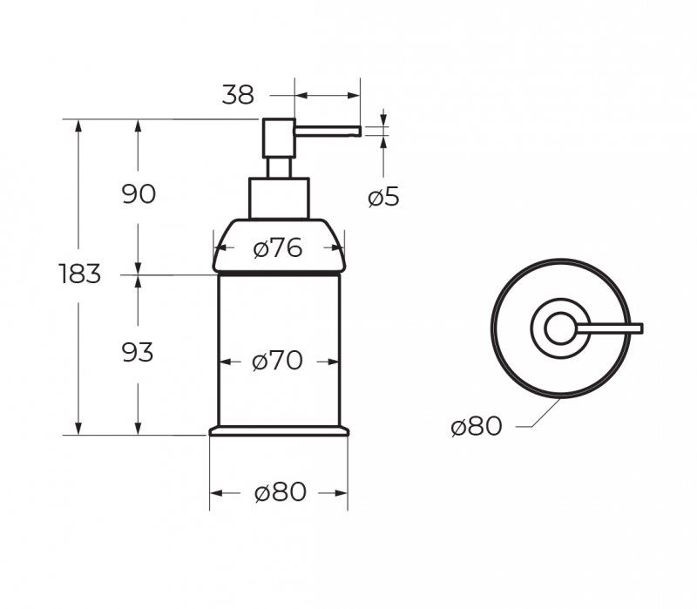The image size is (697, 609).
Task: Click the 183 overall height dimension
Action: coord(80,274)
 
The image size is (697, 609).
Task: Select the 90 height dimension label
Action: coord(139,194)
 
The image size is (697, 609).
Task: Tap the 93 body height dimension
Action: coord(138,353)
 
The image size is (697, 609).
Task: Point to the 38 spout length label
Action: coord(238,95)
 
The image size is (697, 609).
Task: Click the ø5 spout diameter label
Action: coord(383,197)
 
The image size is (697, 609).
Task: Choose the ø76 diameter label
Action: coord(278,248)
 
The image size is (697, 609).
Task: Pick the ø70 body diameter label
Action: coord(277,361)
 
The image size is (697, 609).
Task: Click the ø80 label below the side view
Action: coord(281,492)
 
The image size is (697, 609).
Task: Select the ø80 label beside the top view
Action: coord(476,427)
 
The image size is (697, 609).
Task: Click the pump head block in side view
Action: coord(279,139)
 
